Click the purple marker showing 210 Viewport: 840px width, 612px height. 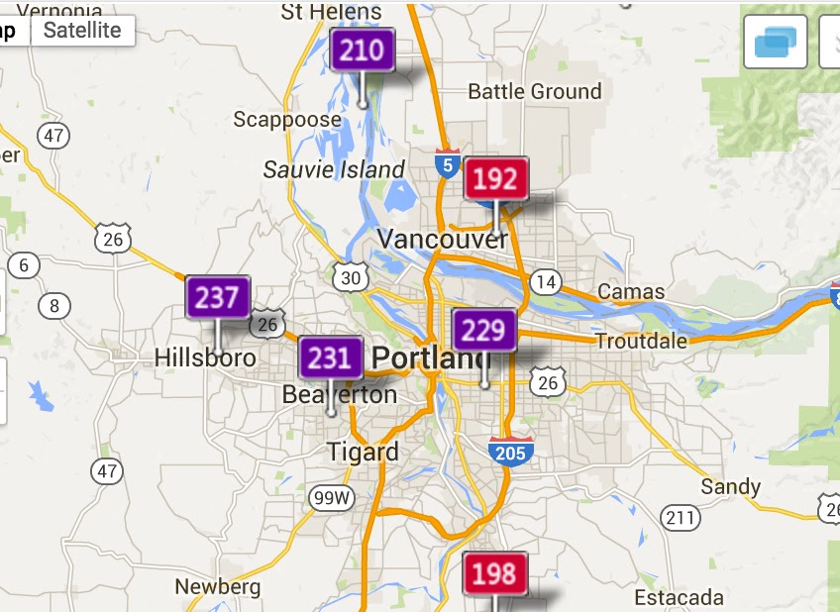coord(363,50)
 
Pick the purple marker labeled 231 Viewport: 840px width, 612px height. coord(331,357)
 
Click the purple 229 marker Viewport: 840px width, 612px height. coord(484,330)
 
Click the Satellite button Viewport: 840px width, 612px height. coord(82,30)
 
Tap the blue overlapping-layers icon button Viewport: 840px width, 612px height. coord(775,42)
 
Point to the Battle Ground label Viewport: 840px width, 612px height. coord(534,92)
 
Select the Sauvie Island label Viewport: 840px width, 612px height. coord(334,169)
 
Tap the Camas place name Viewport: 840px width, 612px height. coord(631,292)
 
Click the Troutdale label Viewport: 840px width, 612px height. coord(641,341)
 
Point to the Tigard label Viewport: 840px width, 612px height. coord(364,453)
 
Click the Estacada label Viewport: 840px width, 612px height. coord(679,597)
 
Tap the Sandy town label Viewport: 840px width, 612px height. coord(730,486)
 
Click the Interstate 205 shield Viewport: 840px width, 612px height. coord(511,451)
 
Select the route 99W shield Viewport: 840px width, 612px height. coord(330,498)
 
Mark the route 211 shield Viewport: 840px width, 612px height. coord(681,517)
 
